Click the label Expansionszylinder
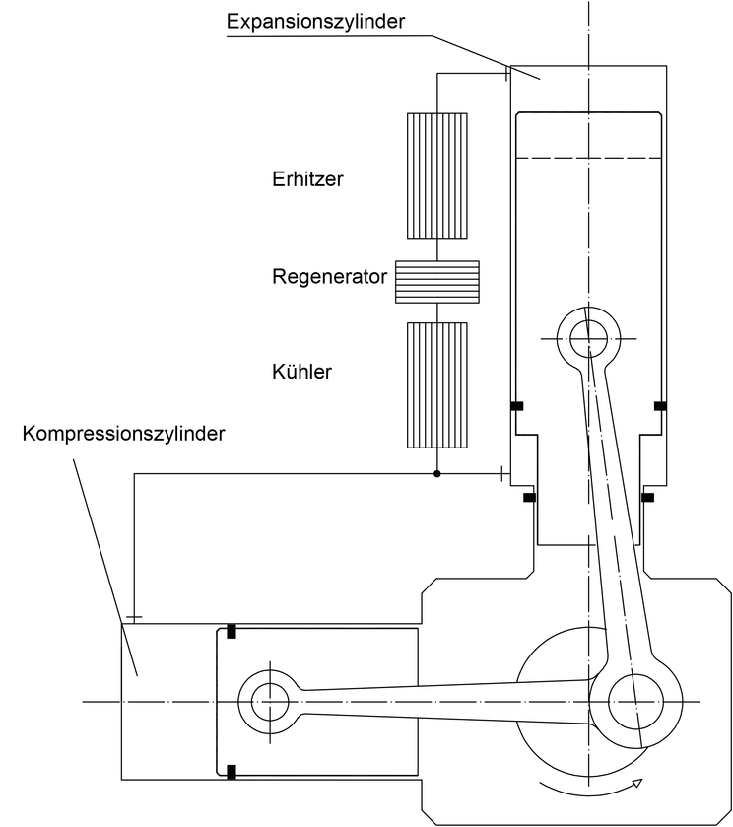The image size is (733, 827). (x=316, y=21)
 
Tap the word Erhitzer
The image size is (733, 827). (x=307, y=179)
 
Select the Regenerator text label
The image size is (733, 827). (x=330, y=277)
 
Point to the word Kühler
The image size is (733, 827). (x=301, y=372)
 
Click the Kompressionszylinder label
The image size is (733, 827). (x=123, y=434)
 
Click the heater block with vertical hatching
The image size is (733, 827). (x=437, y=175)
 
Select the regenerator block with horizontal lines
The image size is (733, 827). (x=437, y=282)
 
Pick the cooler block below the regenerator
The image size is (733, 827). (x=437, y=385)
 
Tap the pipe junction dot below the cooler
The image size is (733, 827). (x=437, y=473)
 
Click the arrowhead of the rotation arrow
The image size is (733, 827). (x=637, y=783)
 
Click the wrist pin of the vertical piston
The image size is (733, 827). (x=588, y=338)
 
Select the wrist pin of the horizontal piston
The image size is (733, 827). (x=270, y=702)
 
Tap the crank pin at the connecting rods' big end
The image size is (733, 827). (x=635, y=702)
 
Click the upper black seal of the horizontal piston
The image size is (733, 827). (x=231, y=631)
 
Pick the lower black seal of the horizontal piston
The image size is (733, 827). (x=231, y=772)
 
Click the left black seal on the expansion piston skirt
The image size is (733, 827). (x=517, y=406)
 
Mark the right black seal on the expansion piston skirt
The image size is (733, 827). (x=660, y=406)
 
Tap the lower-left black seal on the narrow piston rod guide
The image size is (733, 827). (x=529, y=498)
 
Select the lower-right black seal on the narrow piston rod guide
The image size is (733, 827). (x=647, y=498)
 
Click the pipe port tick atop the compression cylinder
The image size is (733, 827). (x=134, y=617)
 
